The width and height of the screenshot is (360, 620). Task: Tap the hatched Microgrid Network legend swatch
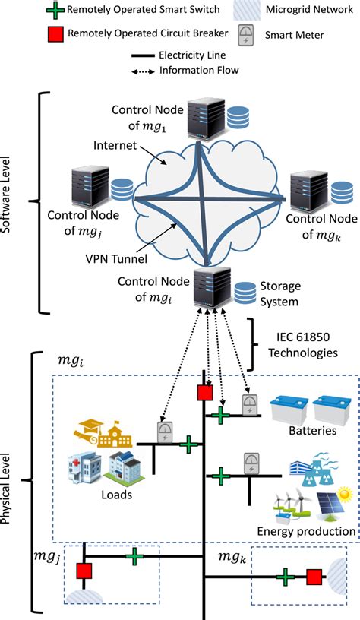pos(248,11)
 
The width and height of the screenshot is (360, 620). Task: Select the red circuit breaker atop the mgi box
pos(204,393)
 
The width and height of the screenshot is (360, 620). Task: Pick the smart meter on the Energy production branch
pos(248,464)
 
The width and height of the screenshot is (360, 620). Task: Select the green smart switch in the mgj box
pos(134,557)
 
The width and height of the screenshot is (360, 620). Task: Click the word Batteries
pos(311,432)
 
